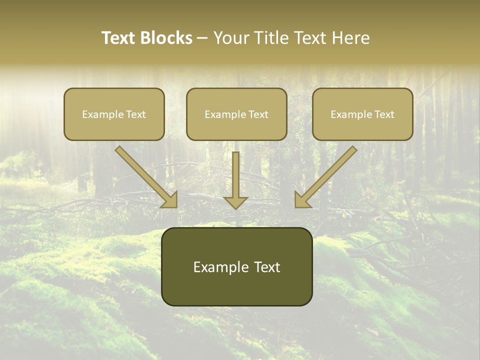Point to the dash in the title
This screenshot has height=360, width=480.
pyautogui.click(x=202, y=38)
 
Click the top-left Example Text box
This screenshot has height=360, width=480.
pyautogui.click(x=114, y=114)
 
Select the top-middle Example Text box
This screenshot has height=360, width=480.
pyautogui.click(x=236, y=114)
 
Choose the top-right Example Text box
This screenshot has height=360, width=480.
pyautogui.click(x=362, y=114)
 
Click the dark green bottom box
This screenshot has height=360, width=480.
pyautogui.click(x=236, y=266)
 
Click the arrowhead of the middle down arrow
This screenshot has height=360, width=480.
pyautogui.click(x=235, y=202)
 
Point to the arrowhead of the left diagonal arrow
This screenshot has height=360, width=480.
pyautogui.click(x=170, y=200)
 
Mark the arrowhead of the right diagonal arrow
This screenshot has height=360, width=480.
pyautogui.click(x=301, y=200)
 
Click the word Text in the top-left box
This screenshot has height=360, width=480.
pyautogui.click(x=135, y=114)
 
